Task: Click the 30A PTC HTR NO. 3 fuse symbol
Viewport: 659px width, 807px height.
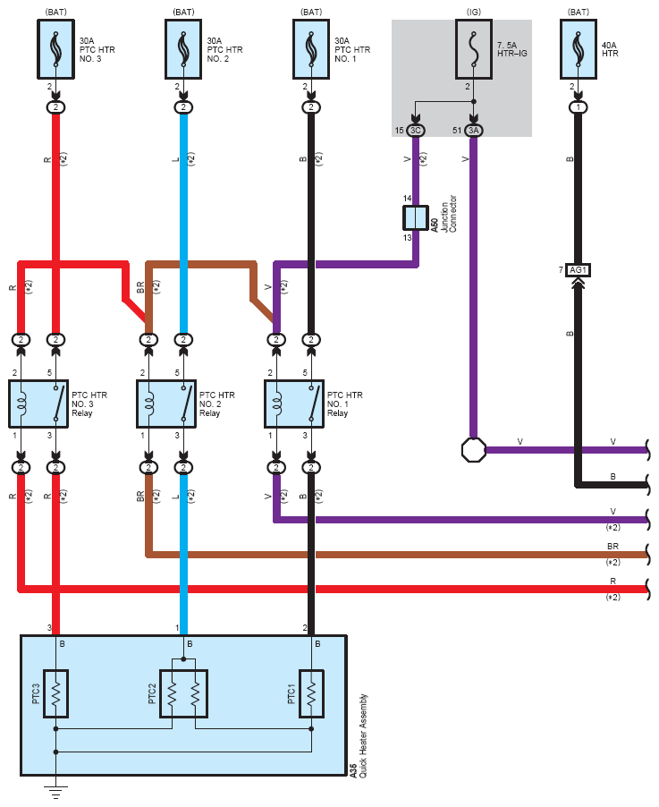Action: pos(55,48)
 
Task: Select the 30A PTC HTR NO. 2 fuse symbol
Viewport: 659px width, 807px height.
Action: pos(183,48)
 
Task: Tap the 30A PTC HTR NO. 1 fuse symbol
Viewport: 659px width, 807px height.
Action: pos(310,48)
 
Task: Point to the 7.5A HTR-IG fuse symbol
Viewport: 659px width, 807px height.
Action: pos(473,48)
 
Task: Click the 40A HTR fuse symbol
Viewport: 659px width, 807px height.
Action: pos(579,48)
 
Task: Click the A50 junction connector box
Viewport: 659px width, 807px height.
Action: pos(416,217)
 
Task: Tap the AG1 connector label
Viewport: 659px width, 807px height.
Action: pos(579,269)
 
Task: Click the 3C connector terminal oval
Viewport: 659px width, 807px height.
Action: pos(416,131)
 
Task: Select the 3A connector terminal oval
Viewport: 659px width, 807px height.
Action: pos(473,131)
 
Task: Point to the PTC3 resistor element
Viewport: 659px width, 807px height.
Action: pos(55,693)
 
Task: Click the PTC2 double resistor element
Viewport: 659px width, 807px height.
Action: pos(183,693)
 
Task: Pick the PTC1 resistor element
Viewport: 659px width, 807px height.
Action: pos(311,693)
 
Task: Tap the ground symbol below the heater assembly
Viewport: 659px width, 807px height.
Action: pos(55,790)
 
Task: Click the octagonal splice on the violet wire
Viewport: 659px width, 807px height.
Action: pos(473,449)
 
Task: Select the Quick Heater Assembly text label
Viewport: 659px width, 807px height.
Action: pos(361,734)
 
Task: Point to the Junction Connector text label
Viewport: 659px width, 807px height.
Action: pos(452,215)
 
